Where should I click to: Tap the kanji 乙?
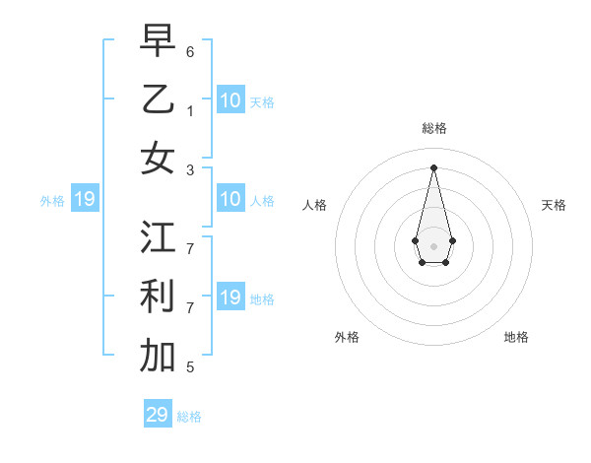tap(158, 99)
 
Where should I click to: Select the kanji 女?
tap(158, 158)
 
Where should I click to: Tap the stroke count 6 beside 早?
tap(190, 50)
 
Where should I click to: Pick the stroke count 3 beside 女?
tap(190, 169)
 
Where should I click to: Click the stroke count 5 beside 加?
tap(190, 367)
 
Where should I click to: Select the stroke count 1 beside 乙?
tap(190, 110)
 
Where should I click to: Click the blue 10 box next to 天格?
tap(230, 100)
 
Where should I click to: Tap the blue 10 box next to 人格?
tap(230, 199)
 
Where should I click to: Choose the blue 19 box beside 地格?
tap(230, 298)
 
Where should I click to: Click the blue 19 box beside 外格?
tap(85, 199)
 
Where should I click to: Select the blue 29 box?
tap(158, 415)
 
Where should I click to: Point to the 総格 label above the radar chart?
tap(434, 128)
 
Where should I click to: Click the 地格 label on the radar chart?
tap(516, 337)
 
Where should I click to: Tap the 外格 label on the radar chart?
tap(347, 337)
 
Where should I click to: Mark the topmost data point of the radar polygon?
tap(433, 166)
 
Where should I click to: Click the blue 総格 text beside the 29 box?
tap(189, 417)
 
